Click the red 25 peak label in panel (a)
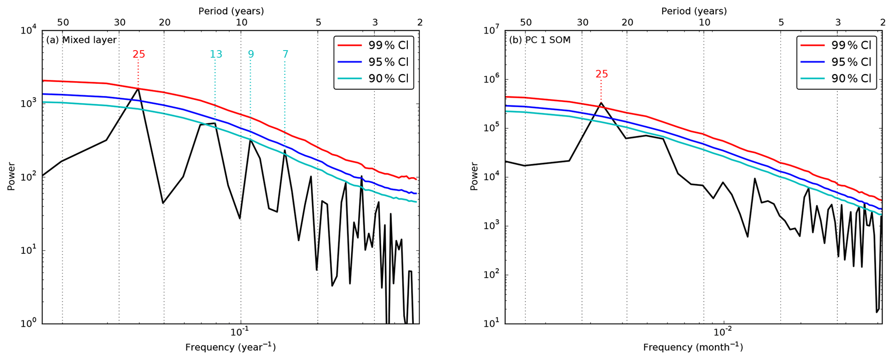pyautogui.click(x=139, y=54)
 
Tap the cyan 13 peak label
pyautogui.click(x=216, y=54)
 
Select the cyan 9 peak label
pyautogui.click(x=251, y=54)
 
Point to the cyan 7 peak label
pyautogui.click(x=285, y=54)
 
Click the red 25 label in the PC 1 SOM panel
pyautogui.click(x=601, y=74)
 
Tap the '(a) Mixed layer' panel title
pyautogui.click(x=81, y=40)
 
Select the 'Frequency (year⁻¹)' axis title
pyautogui.click(x=230, y=347)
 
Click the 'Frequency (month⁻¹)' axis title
pyautogui.click(x=693, y=347)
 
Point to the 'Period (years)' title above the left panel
pyautogui.click(x=231, y=11)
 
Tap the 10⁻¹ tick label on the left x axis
pyautogui.click(x=240, y=332)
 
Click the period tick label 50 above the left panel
pyautogui.click(x=63, y=22)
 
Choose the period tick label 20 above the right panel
pyautogui.click(x=627, y=22)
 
